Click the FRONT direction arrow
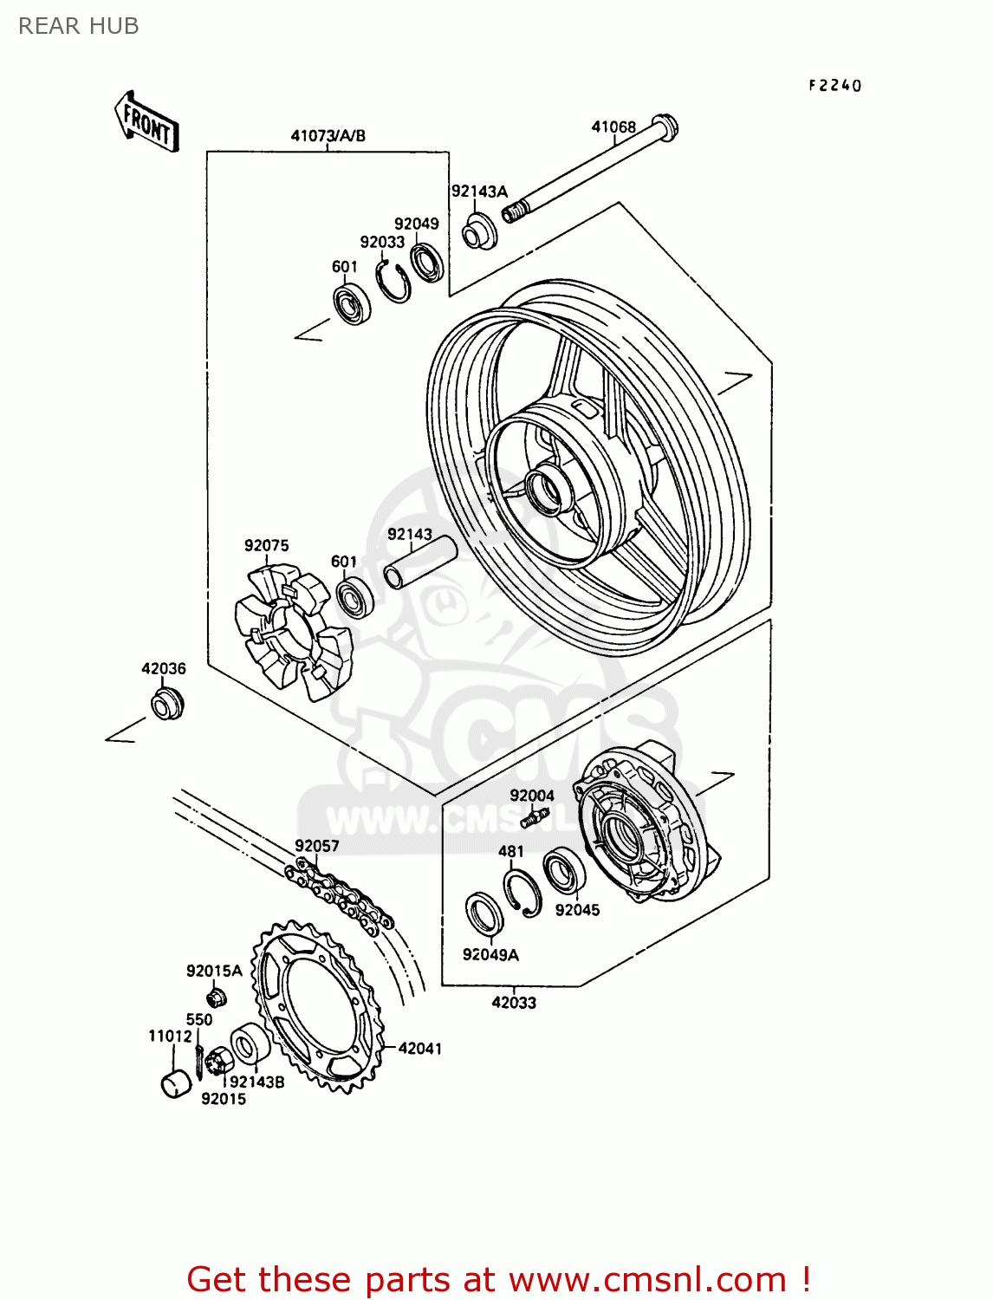pos(146,122)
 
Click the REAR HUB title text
pos(78,26)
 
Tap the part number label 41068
pos(613,127)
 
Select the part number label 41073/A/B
pos(328,136)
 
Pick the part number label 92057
pos(316,846)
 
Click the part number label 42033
pos(514,1003)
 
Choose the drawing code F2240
pos(835,85)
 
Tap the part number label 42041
pos(420,1049)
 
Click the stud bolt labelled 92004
pos(535,816)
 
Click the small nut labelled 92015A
pos(217,997)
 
